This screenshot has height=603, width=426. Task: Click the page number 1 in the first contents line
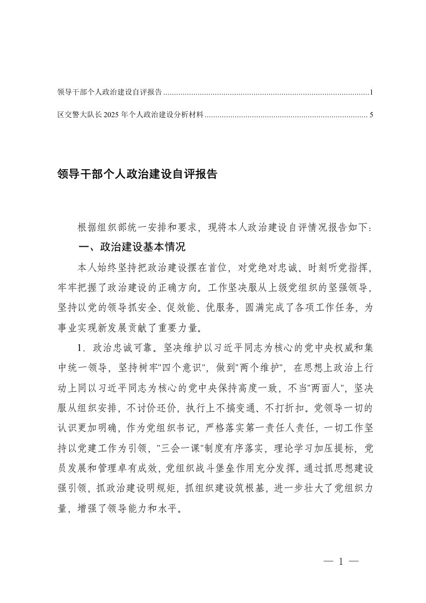coord(371,92)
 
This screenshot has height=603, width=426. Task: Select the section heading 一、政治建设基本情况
coord(132,247)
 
